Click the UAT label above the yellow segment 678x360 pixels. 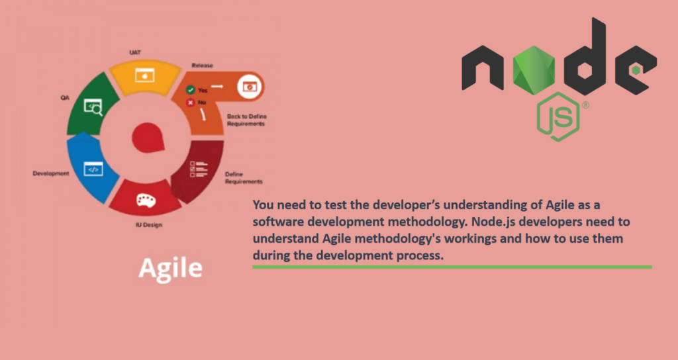[135, 52]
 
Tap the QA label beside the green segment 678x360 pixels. [65, 98]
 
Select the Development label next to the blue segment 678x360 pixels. [51, 173]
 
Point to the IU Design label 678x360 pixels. [149, 225]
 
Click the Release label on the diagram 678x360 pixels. [203, 66]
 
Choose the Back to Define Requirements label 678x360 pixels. [247, 120]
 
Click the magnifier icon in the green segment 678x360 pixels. [93, 107]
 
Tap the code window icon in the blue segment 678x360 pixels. [93, 169]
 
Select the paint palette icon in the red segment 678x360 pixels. [146, 200]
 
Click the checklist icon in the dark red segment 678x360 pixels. [199, 169]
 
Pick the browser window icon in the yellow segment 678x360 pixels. [144, 75]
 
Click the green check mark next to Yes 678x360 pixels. [190, 90]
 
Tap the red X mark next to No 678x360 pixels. [190, 103]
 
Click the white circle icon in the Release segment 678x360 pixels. [250, 86]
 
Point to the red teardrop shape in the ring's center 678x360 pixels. [148, 138]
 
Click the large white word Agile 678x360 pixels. [170, 269]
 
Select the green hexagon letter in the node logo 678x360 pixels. [534, 70]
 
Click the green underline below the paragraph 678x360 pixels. [452, 267]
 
